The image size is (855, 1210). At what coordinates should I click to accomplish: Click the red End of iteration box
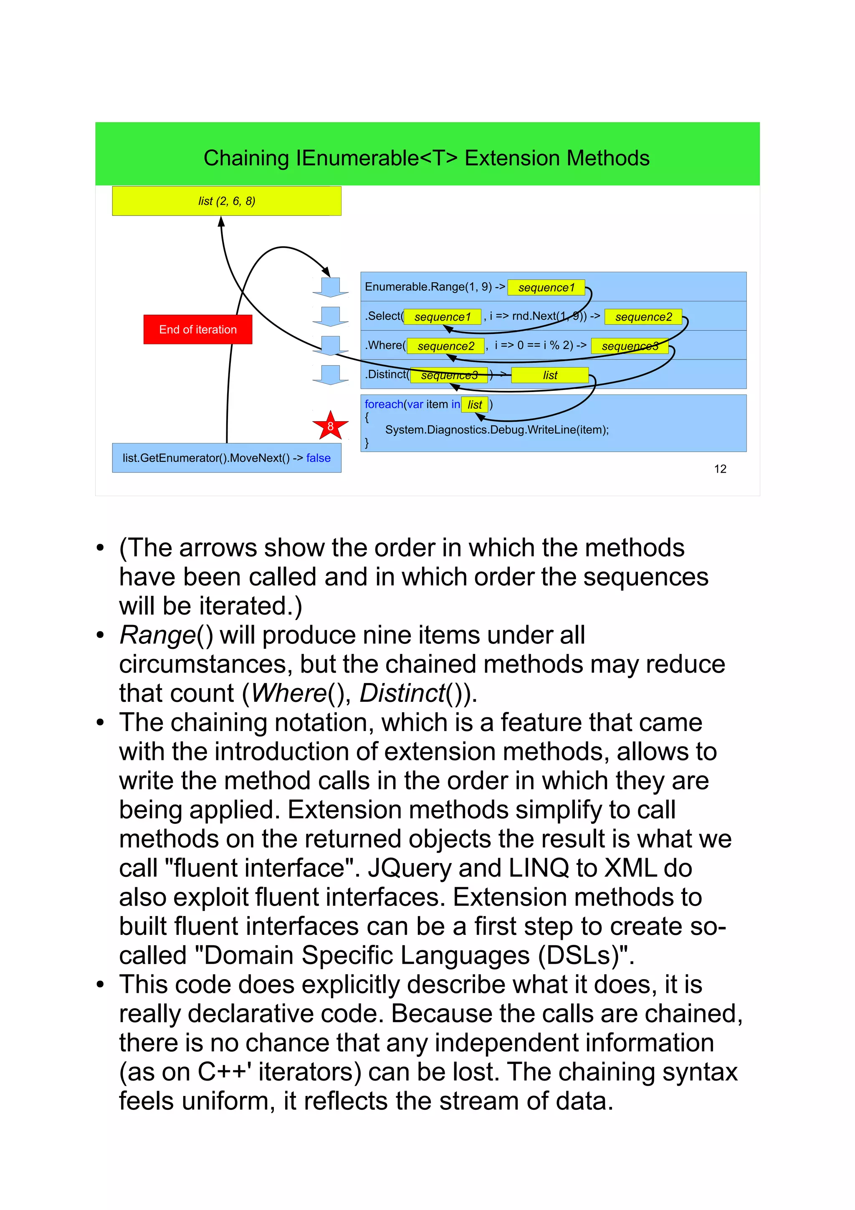click(x=197, y=329)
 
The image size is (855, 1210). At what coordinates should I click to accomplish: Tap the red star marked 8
click(x=330, y=426)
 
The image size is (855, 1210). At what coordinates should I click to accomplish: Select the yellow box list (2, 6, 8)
click(x=227, y=201)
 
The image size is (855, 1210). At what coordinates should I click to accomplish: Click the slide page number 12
click(x=720, y=469)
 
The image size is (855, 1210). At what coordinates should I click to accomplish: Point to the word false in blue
click(x=318, y=458)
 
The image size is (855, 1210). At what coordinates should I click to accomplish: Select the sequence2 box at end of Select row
click(x=643, y=317)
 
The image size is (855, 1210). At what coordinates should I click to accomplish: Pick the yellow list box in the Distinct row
click(x=549, y=375)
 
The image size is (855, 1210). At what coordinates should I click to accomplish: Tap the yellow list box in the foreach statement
click(x=474, y=404)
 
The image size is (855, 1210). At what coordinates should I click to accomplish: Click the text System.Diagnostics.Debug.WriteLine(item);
click(x=496, y=430)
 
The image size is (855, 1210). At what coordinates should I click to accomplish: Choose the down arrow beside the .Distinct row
click(x=330, y=375)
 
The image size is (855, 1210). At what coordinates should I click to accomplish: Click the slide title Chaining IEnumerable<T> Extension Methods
click(x=427, y=158)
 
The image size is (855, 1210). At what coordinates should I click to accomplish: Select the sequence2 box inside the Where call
click(x=446, y=346)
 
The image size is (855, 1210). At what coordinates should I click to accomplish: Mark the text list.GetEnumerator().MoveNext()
click(x=206, y=458)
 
